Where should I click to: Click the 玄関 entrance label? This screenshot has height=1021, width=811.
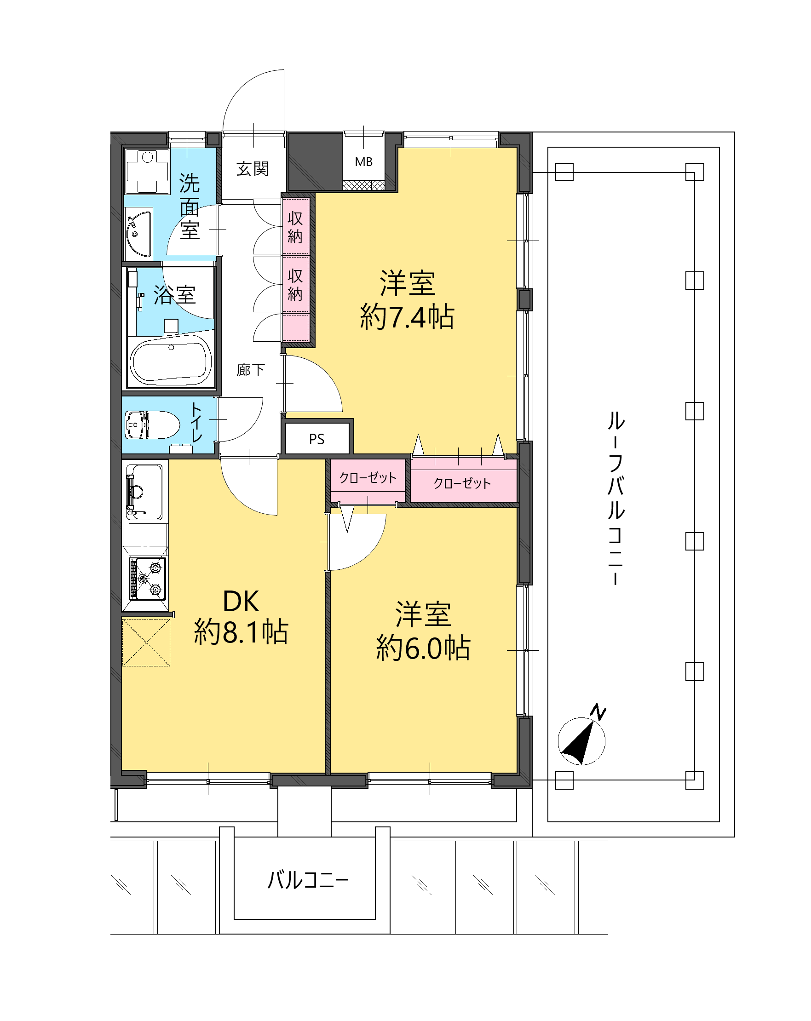pyautogui.click(x=253, y=169)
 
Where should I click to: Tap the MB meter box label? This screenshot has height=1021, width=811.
pyautogui.click(x=363, y=162)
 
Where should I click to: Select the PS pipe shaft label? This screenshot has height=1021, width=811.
pyautogui.click(x=316, y=439)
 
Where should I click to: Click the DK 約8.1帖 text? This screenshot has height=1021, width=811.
pyautogui.click(x=241, y=617)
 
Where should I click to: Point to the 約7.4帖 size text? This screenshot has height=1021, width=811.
pyautogui.click(x=407, y=317)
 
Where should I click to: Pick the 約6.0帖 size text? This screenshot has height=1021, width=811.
pyautogui.click(x=423, y=648)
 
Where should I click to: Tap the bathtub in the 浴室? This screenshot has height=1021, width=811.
pyautogui.click(x=171, y=361)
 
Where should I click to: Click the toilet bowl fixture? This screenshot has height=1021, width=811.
pyautogui.click(x=152, y=424)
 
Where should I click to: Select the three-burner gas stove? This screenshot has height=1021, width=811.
pyautogui.click(x=148, y=579)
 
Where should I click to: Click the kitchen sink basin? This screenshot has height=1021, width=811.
pyautogui.click(x=144, y=492)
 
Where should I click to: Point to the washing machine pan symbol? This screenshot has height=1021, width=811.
pyautogui.click(x=147, y=171)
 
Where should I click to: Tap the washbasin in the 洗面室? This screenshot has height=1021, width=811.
pyautogui.click(x=139, y=234)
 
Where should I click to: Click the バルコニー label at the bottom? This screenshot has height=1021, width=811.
pyautogui.click(x=308, y=880)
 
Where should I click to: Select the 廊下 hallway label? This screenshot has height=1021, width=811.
pyautogui.click(x=251, y=370)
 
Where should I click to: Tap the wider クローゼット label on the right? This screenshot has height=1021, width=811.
pyautogui.click(x=462, y=483)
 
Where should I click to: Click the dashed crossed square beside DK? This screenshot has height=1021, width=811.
pyautogui.click(x=146, y=642)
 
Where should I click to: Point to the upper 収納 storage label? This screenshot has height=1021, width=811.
pyautogui.click(x=295, y=227)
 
